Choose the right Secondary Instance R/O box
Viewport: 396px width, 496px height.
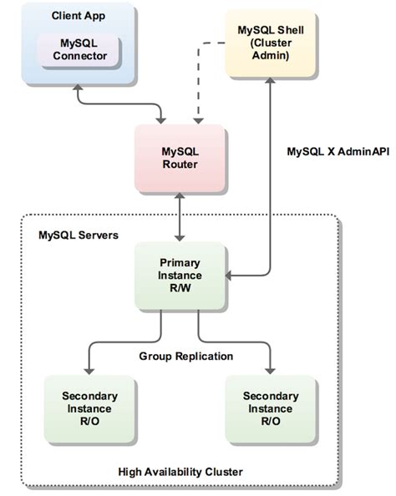268,408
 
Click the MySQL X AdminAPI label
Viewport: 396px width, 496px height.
332,152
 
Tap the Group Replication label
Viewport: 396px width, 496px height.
185,357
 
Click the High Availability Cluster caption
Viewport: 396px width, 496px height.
180,472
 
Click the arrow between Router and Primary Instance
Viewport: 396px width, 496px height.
180,218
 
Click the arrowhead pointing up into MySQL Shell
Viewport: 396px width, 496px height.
269,81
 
